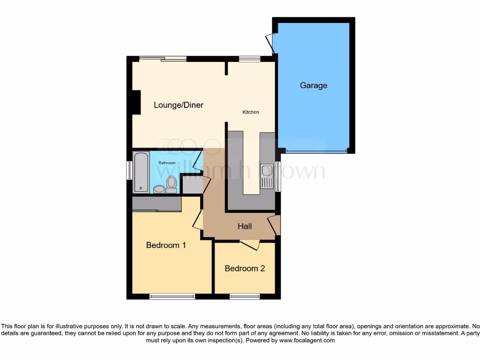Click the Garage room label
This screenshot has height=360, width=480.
click(314, 85)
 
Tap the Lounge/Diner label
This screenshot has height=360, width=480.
click(179, 105)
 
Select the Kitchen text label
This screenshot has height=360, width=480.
click(250, 112)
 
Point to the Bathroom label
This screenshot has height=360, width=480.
click(166, 163)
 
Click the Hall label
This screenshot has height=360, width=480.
click(245, 226)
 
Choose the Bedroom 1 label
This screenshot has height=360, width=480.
click(166, 245)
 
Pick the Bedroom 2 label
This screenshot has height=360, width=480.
click(245, 269)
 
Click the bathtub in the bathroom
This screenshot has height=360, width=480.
click(141, 172)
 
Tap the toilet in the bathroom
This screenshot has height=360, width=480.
click(171, 184)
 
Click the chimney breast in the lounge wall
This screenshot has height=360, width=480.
click(135, 102)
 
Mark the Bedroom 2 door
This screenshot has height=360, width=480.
click(249, 244)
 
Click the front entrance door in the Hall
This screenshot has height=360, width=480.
click(275, 225)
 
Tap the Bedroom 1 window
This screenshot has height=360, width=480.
click(172, 296)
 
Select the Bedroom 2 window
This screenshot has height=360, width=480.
click(245, 296)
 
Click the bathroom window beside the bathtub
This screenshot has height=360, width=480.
click(129, 171)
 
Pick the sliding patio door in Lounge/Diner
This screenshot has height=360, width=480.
click(163, 59)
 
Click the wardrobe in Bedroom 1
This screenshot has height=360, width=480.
click(157, 204)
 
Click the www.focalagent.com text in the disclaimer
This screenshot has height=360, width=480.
click(307, 341)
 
